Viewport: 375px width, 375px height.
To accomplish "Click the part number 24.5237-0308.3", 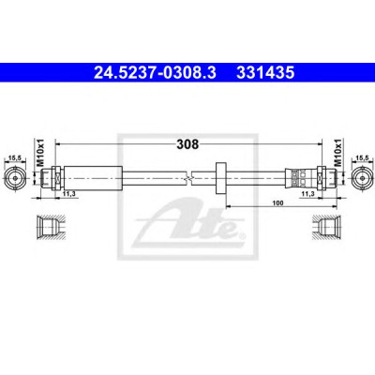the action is tap(155, 73).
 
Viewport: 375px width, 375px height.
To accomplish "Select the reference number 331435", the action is tap(265, 73).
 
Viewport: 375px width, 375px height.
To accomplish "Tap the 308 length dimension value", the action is tap(187, 144).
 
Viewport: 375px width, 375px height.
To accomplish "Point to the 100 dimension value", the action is tap(277, 203).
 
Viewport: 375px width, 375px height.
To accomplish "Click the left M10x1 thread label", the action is tap(40, 152).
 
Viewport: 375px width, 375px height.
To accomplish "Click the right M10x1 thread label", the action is tap(337, 152).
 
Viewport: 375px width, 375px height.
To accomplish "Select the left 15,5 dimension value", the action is tap(14, 158).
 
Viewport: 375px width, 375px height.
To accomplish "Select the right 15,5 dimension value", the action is tap(362, 158).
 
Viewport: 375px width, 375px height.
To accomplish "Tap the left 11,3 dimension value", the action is tap(68, 194).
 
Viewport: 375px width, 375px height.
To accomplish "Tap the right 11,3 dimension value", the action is tap(307, 194).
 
